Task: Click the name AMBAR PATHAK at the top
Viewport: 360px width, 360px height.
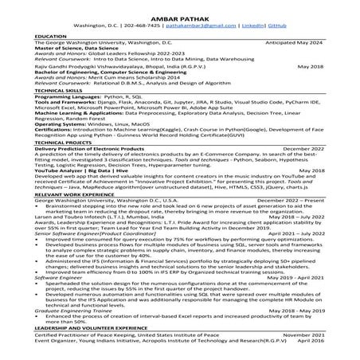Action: [x=179, y=12]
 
